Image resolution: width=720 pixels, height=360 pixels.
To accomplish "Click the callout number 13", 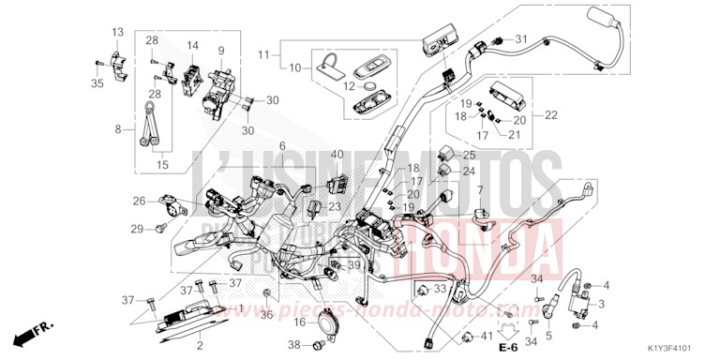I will coord(118,33).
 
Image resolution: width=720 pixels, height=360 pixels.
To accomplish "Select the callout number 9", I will coord(222,51).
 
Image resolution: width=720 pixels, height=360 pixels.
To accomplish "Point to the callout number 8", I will coord(118,129).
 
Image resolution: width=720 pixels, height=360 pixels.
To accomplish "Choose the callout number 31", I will coord(522,38).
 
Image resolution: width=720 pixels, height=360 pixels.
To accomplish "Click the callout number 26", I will coord(139,201).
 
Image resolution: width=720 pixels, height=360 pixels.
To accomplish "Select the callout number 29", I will coord(136,229).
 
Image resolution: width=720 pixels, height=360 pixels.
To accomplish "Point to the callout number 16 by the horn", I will coord(301,322).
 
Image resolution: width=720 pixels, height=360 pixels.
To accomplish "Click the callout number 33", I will coord(441,288).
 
